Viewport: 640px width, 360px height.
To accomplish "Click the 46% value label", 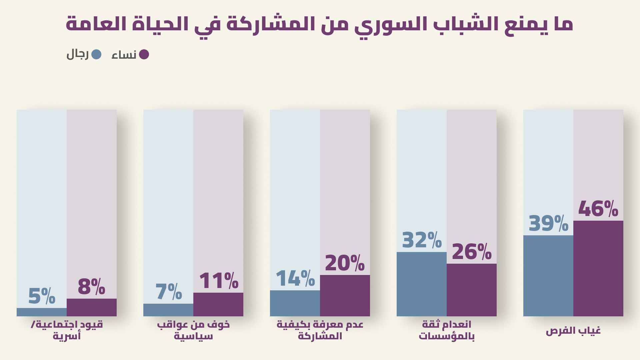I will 598,209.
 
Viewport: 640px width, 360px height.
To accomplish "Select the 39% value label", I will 548,224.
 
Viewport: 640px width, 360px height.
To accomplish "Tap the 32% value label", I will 422,240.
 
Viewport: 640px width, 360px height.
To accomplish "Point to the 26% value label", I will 471,252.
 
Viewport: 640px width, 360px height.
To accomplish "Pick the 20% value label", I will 345,263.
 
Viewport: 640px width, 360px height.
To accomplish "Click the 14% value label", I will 295,279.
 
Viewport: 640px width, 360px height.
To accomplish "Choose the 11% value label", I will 218,281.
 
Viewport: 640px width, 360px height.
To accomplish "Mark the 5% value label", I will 42,296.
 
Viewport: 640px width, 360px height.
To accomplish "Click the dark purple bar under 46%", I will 598,268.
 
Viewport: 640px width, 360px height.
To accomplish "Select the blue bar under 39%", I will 548,276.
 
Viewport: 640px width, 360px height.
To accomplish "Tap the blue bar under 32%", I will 422,284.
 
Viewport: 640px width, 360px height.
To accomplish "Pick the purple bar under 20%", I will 345,295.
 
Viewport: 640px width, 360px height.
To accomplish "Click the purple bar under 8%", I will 92,307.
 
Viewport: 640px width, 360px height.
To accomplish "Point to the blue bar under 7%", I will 168,310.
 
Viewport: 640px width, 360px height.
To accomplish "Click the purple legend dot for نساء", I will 144,54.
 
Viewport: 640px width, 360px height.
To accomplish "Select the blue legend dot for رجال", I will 96,54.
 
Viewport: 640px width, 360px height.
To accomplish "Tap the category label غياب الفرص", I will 573,331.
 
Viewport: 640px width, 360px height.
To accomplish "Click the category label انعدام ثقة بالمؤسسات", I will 447,330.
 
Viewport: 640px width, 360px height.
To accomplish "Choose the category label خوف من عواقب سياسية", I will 193,330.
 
